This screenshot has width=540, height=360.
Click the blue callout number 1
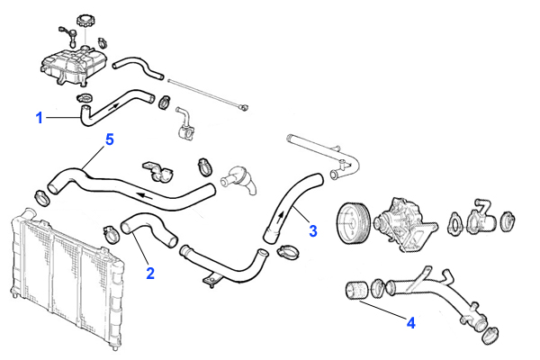(39, 117)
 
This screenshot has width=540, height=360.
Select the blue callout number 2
(151, 271)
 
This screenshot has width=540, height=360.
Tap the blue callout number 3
(312, 230)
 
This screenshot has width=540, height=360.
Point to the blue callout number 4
(410, 321)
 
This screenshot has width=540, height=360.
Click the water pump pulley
(351, 221)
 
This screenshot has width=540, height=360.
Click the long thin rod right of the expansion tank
(208, 93)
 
